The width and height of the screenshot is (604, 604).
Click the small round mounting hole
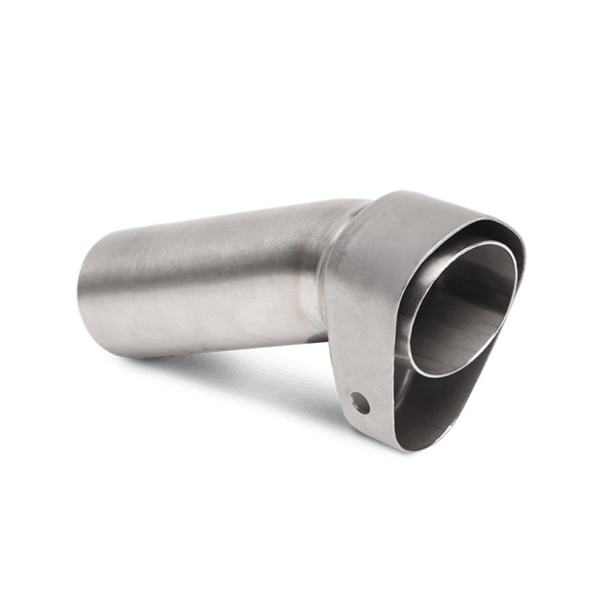point(360,403)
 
